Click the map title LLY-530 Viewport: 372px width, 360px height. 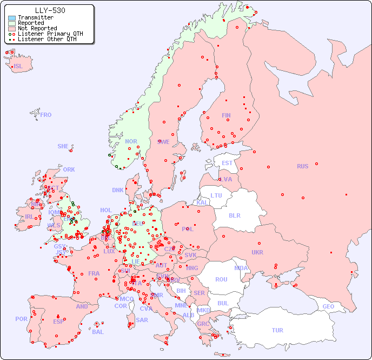point(50,10)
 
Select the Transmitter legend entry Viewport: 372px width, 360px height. point(35,18)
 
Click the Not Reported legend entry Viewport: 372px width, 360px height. point(37,28)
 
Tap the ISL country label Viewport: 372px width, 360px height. point(18,67)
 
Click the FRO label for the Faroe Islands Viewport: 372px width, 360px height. point(46,115)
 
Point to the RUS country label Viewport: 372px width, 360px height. point(302,166)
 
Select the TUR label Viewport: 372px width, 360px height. point(277,330)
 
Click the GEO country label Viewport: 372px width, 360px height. point(328,306)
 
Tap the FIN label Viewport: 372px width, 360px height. point(226,115)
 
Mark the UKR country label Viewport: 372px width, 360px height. point(257,252)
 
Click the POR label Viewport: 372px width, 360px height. point(21,319)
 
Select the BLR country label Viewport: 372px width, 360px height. point(235,215)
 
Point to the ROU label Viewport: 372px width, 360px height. point(221,279)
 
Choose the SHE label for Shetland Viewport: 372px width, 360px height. point(63,146)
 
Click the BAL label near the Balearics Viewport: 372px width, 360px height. point(98,332)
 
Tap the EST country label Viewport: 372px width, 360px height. point(227,163)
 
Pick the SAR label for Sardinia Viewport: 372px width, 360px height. point(142,320)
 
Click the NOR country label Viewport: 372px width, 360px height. point(131,141)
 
